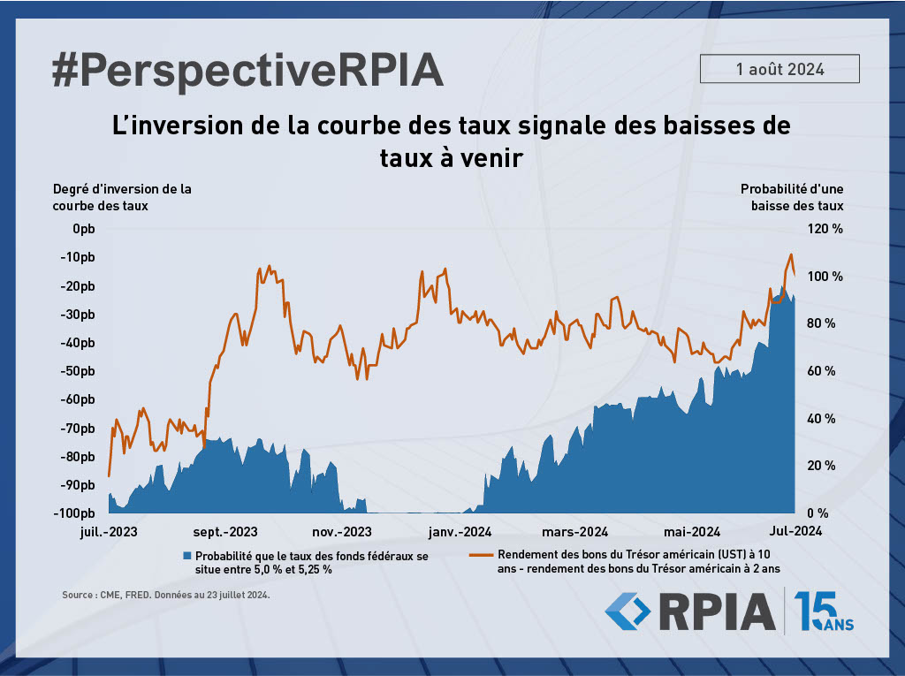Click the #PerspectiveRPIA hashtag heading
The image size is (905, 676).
click(247, 70)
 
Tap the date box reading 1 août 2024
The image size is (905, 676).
click(780, 69)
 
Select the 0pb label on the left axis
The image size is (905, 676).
click(83, 229)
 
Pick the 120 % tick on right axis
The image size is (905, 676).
click(824, 229)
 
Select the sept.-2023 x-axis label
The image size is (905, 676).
click(225, 532)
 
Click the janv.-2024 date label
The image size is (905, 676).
click(459, 532)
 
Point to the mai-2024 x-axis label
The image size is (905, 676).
click(691, 532)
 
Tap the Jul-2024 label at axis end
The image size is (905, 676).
click(795, 532)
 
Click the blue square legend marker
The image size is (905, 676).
click(186, 556)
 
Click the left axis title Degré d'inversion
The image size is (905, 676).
click(122, 196)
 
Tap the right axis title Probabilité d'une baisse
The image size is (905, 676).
click(791, 196)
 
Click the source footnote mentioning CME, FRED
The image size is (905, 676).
click(165, 596)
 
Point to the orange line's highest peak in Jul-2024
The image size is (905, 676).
click(791, 254)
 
